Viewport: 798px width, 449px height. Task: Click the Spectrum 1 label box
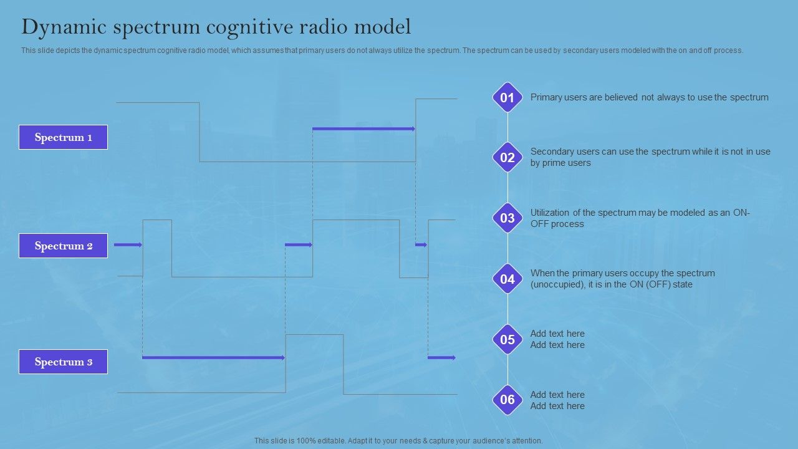[63, 137]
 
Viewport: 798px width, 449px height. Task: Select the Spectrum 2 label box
[63, 246]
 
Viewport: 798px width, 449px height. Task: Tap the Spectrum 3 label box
[63, 362]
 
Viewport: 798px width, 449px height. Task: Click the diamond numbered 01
[507, 97]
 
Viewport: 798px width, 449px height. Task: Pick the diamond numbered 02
[507, 158]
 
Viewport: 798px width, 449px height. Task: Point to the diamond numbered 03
[507, 218]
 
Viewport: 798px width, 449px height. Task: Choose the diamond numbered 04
[507, 279]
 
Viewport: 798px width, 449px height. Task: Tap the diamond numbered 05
[507, 340]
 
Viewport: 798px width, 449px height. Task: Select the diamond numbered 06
[507, 400]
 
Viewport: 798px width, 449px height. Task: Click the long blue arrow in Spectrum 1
[363, 129]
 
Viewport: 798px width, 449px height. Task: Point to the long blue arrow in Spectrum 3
[213, 357]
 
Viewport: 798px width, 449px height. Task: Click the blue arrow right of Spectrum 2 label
[128, 245]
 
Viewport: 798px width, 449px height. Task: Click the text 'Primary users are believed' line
[649, 97]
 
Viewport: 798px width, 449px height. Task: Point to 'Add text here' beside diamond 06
[557, 400]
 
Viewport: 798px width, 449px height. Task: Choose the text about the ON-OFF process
[640, 218]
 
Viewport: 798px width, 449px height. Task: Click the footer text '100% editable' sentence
[398, 440]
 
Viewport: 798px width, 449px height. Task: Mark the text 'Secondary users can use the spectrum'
[650, 157]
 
